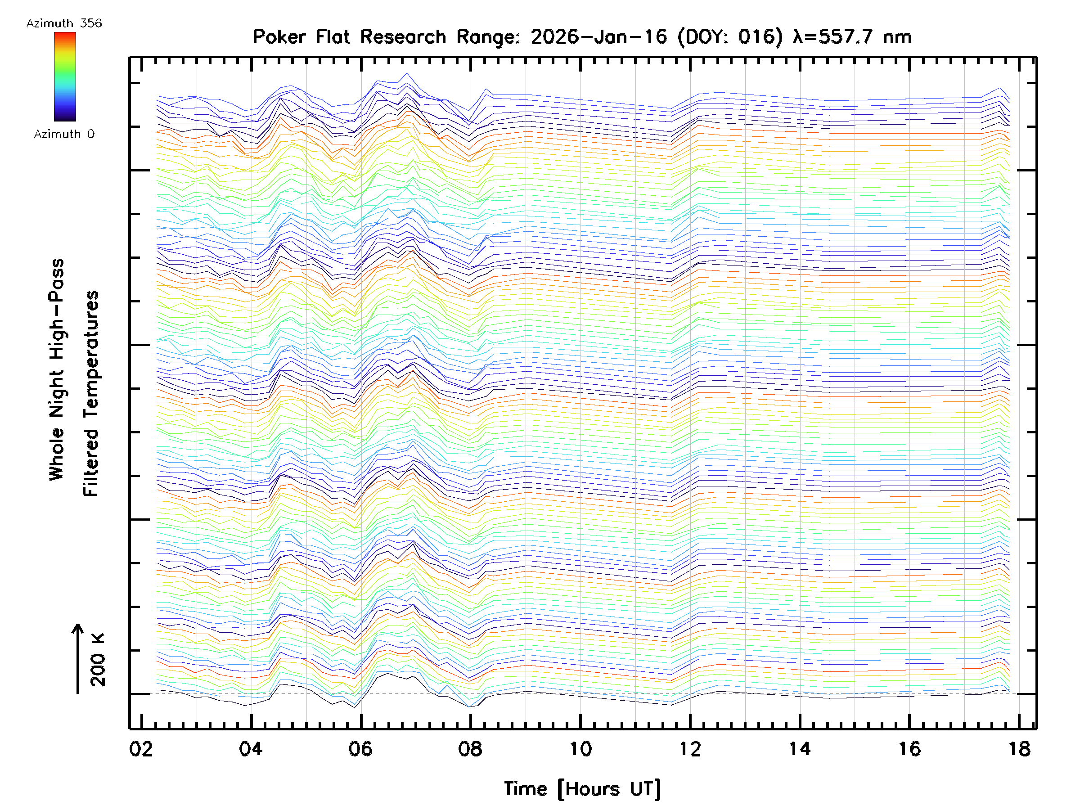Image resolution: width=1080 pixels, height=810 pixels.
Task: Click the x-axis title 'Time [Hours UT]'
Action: click(x=582, y=789)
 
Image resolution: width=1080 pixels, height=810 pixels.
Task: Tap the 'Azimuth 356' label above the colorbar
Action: click(x=64, y=23)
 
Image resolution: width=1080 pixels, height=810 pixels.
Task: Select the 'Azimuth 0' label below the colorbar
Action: click(x=64, y=134)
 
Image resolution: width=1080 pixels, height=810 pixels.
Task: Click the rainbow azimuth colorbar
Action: click(x=65, y=76)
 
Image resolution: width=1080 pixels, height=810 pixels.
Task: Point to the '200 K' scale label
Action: click(x=98, y=660)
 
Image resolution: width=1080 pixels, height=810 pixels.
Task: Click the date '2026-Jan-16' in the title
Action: click(x=598, y=37)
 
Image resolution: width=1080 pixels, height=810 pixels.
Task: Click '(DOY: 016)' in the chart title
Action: click(x=730, y=37)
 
